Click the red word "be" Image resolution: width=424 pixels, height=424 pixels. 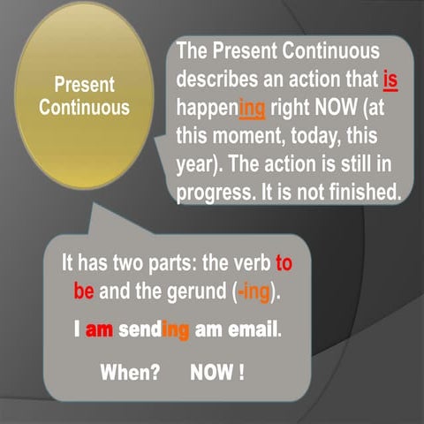(85, 292)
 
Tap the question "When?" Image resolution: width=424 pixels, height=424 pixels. (130, 372)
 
